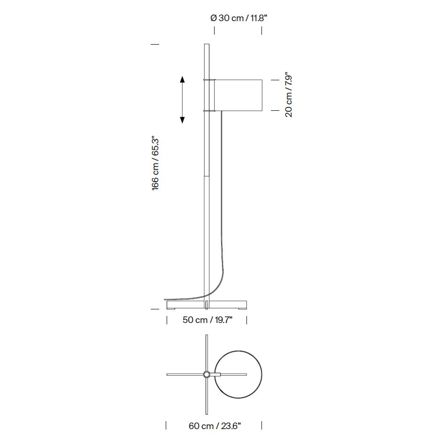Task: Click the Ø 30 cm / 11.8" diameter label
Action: click(239, 18)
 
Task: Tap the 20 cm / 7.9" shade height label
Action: click(289, 95)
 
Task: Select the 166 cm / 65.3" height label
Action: click(155, 163)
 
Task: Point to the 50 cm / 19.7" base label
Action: click(208, 320)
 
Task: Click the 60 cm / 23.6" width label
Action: click(215, 426)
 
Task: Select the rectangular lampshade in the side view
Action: click(238, 95)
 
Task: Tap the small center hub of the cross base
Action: click(207, 374)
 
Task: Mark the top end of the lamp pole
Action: click(206, 46)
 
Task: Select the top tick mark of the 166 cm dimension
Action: click(154, 45)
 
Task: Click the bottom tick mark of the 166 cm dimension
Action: click(154, 309)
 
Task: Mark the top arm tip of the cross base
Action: click(207, 336)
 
